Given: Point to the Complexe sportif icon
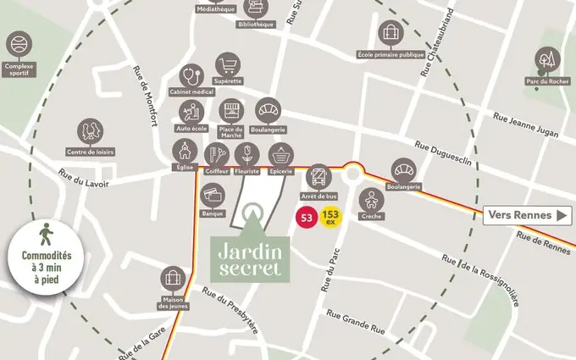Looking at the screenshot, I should pyautogui.click(x=19, y=44).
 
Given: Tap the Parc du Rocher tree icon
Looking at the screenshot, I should pyautogui.click(x=547, y=60).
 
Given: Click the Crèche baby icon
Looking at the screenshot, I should pyautogui.click(x=371, y=200).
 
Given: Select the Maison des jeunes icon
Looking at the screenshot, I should pyautogui.click(x=173, y=280).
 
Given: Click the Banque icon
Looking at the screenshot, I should pyautogui.click(x=213, y=196).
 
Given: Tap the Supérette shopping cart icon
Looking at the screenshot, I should pyautogui.click(x=228, y=64).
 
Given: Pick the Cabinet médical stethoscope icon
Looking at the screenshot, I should pyautogui.click(x=192, y=75).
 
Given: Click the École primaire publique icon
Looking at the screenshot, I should pyautogui.click(x=390, y=34).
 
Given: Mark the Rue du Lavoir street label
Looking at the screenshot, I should pyautogui.click(x=81, y=178).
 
